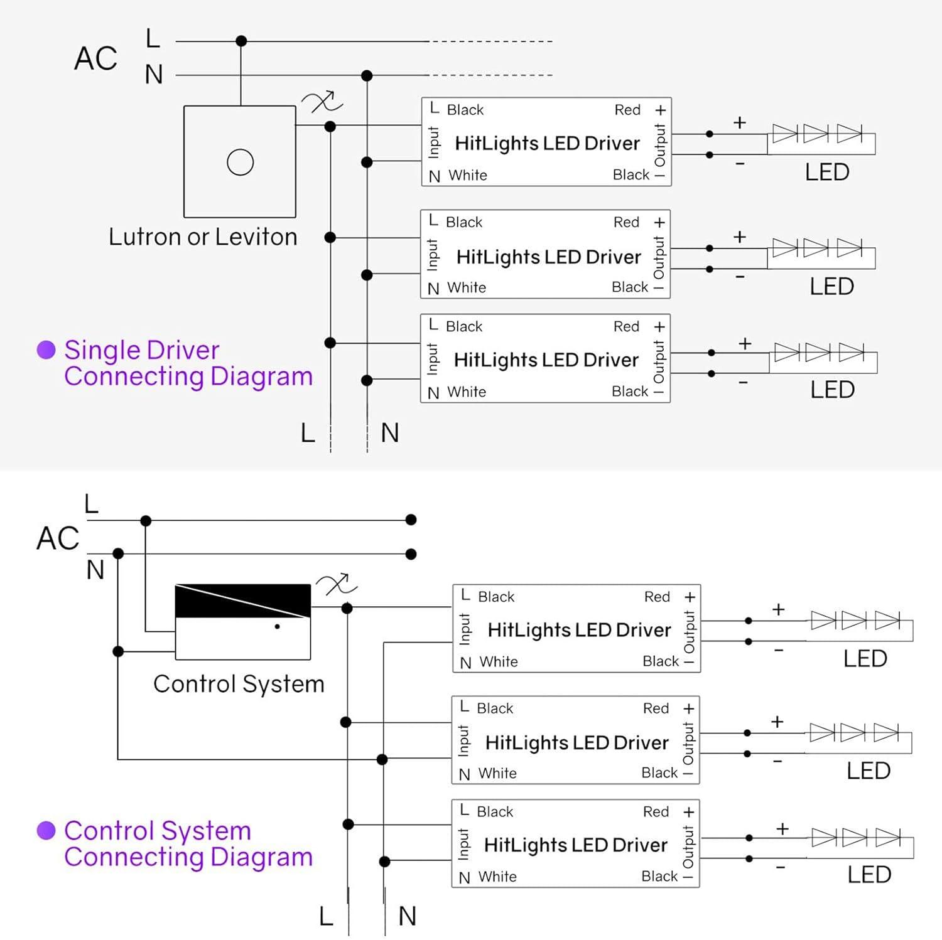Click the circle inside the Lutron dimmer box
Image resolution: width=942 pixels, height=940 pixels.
click(240, 162)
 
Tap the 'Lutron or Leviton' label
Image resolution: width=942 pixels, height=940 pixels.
click(203, 237)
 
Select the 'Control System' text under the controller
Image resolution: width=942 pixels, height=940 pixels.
click(239, 684)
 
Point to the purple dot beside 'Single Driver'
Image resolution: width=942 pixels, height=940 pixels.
click(46, 350)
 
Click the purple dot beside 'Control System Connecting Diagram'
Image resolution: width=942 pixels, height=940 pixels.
click(46, 830)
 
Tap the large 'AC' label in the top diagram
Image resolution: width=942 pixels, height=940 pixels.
click(95, 58)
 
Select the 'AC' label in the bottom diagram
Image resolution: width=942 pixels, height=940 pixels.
click(58, 538)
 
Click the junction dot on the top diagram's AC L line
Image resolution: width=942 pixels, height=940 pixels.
click(241, 41)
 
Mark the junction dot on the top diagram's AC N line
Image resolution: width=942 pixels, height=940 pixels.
click(367, 76)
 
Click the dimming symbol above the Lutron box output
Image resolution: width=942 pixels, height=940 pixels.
click(322, 102)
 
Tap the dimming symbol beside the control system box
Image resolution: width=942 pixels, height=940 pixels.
click(337, 585)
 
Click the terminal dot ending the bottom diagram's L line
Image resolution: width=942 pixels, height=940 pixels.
click(411, 520)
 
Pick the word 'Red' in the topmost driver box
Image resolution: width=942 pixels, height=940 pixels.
click(627, 110)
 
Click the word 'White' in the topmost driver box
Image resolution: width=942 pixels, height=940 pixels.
click(468, 175)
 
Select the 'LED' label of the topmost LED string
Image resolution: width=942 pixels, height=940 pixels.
click(827, 172)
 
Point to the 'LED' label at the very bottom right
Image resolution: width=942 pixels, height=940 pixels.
click(869, 874)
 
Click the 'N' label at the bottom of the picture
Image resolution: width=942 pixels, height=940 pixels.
click(408, 916)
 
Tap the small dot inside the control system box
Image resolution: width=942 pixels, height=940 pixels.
click(277, 626)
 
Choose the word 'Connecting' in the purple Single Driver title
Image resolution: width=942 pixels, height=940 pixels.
click(135, 377)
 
